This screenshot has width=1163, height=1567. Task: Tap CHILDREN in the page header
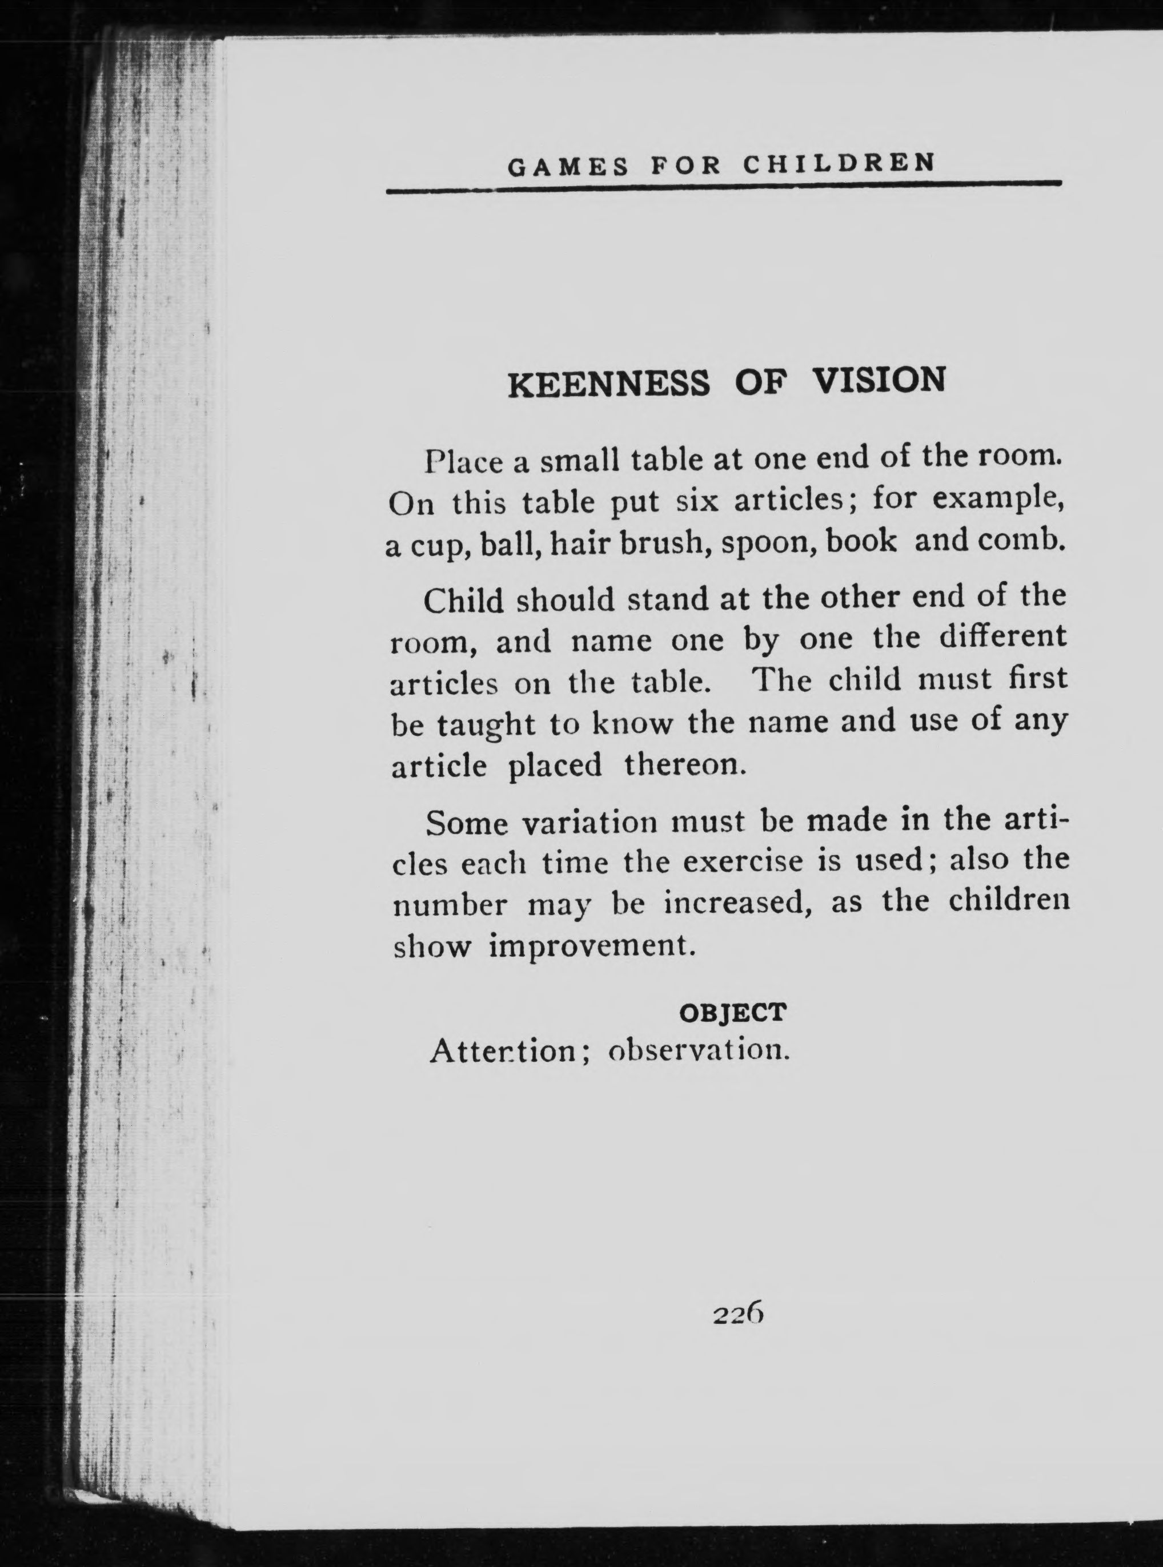click(839, 163)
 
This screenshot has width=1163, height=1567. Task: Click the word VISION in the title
click(879, 380)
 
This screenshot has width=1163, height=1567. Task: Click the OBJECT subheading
click(732, 1013)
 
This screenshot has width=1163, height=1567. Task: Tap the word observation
click(696, 1050)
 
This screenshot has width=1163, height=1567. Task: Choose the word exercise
click(743, 862)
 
